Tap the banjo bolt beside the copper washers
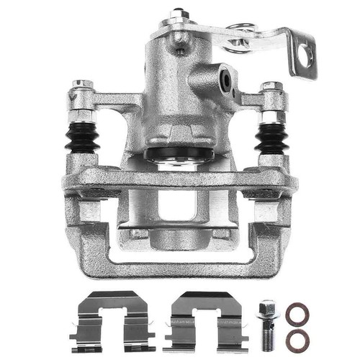[x=268, y=323]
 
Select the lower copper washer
[x=297, y=340]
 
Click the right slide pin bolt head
[x=271, y=88]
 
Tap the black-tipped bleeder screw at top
[x=176, y=14]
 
